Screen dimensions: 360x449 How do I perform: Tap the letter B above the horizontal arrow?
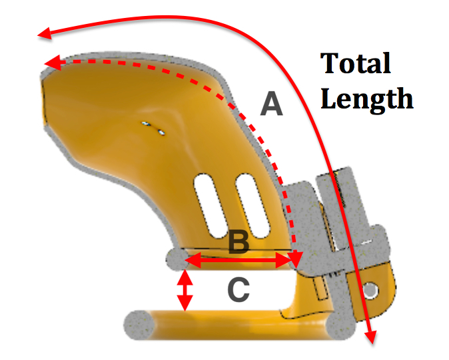tap(238, 244)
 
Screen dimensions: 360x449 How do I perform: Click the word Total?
tap(356, 65)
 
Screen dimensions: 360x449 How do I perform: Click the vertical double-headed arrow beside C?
tap(185, 291)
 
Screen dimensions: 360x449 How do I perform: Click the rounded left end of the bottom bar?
tap(136, 325)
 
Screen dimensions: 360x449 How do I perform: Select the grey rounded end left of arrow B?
tap(173, 259)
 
